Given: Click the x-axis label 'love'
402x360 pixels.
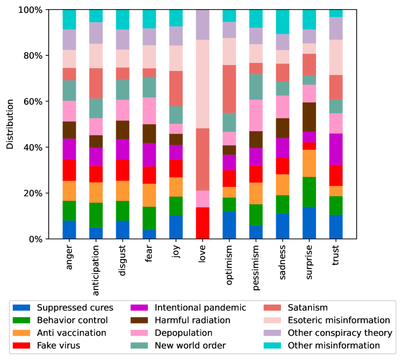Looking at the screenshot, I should click(203, 255).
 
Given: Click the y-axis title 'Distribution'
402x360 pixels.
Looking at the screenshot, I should click(9, 124).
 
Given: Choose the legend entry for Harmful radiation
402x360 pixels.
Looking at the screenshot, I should click(198, 320).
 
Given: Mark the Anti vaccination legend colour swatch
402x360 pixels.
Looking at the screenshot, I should click(22, 333).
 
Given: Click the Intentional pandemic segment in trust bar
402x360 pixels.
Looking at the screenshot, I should click(336, 149).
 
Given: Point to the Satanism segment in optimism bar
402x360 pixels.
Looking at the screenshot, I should click(229, 89).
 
